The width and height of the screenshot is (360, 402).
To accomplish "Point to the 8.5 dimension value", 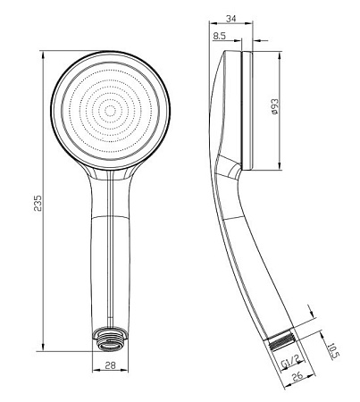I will coord(220,36).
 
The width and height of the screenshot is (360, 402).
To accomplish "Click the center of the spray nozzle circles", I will coord(111,111).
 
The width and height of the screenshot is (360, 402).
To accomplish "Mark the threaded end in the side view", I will coord(281,340).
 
